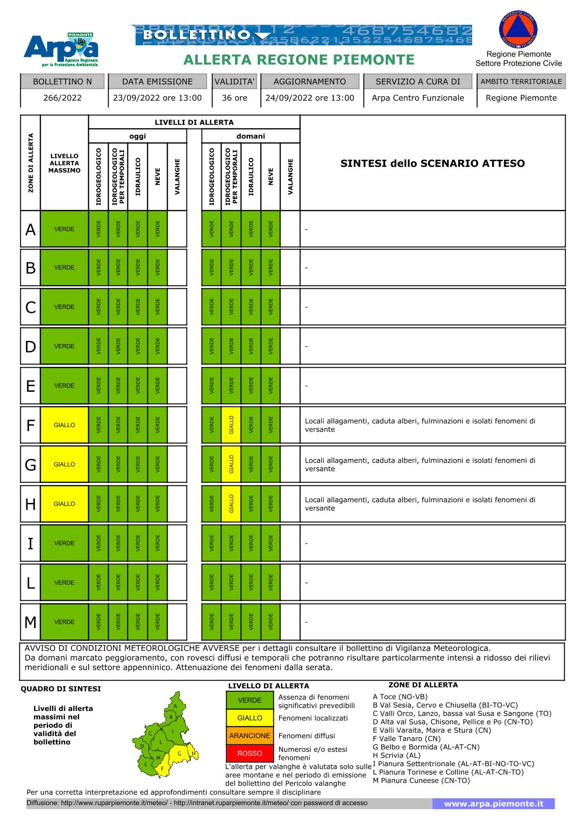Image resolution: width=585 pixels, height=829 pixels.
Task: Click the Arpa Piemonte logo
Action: pos(61,50)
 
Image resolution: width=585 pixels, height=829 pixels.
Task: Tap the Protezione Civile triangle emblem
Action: pos(518,30)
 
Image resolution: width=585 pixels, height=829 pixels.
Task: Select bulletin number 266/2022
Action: pos(62,98)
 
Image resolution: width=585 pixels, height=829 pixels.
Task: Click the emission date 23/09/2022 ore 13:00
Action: pos(157,98)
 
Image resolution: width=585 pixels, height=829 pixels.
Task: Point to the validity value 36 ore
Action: pos(235,98)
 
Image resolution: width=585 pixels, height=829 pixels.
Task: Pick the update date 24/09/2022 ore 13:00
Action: pos(310,98)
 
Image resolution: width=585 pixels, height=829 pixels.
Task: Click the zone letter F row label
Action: pos(31,425)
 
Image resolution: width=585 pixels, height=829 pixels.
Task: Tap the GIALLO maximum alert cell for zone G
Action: pos(64,465)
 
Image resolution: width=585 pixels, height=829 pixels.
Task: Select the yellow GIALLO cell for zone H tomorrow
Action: pos(231,504)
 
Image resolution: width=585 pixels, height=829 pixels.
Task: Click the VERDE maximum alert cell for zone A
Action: pos(64,229)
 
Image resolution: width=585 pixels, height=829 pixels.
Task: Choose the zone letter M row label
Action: pos(31,622)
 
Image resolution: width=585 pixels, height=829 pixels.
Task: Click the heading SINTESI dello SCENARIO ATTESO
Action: pos(432,164)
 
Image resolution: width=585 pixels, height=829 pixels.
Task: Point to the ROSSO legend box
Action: pos(250,753)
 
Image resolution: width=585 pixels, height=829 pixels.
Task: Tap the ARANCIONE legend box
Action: pos(250,736)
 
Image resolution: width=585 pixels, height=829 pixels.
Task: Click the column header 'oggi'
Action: pos(137,136)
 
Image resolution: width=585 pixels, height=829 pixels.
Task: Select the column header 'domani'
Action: pos(251,136)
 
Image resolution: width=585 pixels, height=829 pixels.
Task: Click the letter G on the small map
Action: pos(179,753)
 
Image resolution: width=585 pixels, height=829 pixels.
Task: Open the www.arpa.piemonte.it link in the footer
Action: pos(493,803)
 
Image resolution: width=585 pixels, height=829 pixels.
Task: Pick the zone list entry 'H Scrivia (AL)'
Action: pos(397,755)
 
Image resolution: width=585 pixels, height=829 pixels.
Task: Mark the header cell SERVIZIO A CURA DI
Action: pos(418,81)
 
